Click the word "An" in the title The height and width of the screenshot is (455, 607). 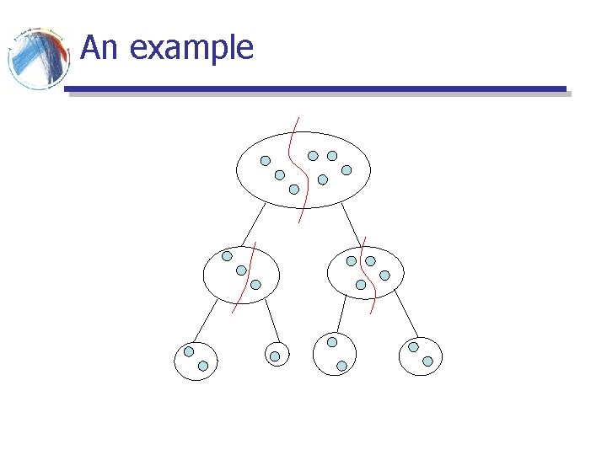(x=99, y=48)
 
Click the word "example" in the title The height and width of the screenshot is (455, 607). (x=192, y=49)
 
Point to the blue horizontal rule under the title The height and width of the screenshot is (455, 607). (x=315, y=88)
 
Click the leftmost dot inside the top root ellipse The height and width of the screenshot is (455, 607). (x=265, y=160)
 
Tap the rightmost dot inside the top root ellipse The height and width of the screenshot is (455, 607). (x=346, y=169)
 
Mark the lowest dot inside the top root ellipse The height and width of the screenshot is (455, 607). (x=293, y=189)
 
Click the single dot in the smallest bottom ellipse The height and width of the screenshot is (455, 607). (x=275, y=356)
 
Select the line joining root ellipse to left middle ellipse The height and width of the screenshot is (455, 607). (x=252, y=225)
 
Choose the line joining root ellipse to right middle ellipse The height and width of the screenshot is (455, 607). (x=353, y=225)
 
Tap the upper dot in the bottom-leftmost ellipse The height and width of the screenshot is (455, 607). (x=189, y=351)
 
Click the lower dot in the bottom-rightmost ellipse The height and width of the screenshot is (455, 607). (x=427, y=361)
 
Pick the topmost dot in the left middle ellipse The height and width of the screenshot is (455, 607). (x=227, y=256)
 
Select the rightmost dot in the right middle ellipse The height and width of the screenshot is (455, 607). (x=384, y=275)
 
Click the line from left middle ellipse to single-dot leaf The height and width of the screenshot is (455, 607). (x=271, y=321)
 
